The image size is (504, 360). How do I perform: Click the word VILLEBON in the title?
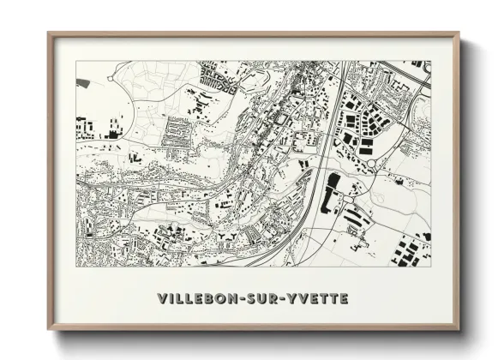(201, 298)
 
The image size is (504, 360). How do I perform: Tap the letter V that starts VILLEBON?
(163, 298)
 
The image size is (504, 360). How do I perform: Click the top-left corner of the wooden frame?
(49, 33)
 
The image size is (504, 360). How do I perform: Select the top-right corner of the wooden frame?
(459, 33)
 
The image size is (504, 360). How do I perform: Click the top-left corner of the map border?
(76, 61)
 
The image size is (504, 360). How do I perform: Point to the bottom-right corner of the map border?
(432, 267)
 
